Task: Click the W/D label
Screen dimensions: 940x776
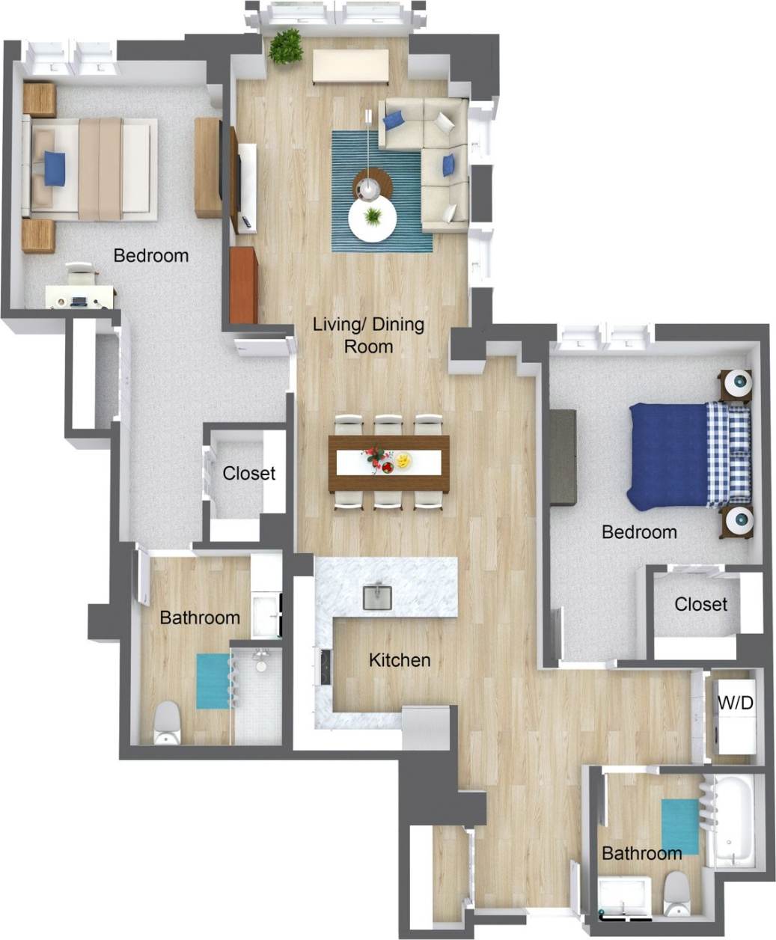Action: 735,703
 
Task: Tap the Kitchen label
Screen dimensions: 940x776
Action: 400,660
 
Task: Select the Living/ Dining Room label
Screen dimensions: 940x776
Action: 368,335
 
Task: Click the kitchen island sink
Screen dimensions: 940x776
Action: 378,597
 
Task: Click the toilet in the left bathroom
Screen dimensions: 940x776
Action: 167,723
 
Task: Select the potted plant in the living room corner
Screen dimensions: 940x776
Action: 286,46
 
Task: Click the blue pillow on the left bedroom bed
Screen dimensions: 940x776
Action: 55,168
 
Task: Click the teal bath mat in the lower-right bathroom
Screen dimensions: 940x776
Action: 679,825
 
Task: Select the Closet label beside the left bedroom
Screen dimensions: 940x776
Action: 249,473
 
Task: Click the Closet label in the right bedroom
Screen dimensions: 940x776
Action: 700,604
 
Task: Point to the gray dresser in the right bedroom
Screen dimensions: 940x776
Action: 562,457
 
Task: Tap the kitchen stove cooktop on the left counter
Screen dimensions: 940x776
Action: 326,666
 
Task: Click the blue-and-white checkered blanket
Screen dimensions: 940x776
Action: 728,454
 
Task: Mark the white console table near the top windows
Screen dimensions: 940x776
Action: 350,67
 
